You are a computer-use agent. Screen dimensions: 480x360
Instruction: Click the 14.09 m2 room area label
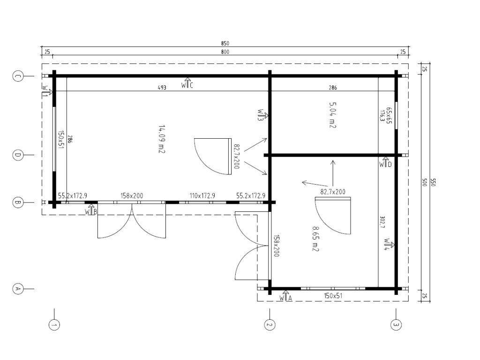(x=162, y=139)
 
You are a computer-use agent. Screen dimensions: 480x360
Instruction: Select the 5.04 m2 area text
(x=332, y=115)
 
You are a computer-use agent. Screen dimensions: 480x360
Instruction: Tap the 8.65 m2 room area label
(x=315, y=239)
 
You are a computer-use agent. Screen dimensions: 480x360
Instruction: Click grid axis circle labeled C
(x=18, y=76)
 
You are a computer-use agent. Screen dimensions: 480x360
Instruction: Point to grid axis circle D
(x=18, y=155)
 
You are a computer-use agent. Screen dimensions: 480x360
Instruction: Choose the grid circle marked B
(x=18, y=202)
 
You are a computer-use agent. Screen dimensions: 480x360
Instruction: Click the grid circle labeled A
(x=18, y=289)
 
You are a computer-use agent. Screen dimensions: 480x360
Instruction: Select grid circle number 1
(x=54, y=325)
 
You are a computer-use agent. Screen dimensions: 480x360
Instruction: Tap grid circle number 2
(x=270, y=325)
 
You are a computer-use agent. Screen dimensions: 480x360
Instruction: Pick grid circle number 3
(x=396, y=325)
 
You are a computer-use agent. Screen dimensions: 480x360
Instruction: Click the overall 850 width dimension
(x=225, y=44)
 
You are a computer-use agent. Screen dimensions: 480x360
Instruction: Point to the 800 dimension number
(x=225, y=52)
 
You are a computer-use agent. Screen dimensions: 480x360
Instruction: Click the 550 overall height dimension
(x=433, y=182)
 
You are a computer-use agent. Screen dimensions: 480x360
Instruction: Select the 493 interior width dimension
(x=162, y=88)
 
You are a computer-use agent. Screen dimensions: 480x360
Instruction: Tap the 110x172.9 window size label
(x=202, y=195)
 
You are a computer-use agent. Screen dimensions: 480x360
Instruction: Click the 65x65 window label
(x=389, y=115)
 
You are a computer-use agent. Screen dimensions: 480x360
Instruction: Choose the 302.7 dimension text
(x=382, y=223)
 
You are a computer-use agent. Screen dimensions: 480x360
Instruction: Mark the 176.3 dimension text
(x=382, y=116)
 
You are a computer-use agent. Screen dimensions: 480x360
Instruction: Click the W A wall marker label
(x=285, y=296)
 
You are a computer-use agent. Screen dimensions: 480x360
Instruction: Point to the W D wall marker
(x=385, y=163)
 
